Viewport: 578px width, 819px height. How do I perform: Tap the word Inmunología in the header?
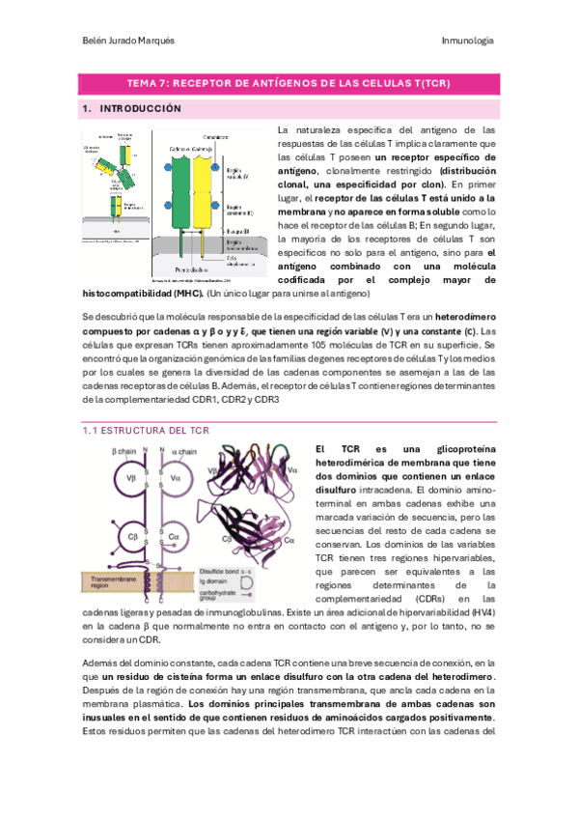[x=468, y=41]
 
